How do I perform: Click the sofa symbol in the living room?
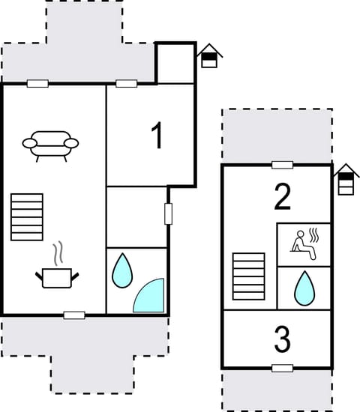click(x=50, y=145)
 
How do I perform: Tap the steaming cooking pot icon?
click(x=57, y=274)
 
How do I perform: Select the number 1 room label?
click(x=157, y=136)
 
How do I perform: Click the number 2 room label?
click(x=282, y=196)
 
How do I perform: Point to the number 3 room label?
click(x=282, y=341)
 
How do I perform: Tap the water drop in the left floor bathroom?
click(x=121, y=271)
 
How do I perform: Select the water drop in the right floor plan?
click(x=304, y=288)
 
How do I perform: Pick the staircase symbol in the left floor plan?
click(x=27, y=217)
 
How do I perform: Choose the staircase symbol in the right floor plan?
click(x=248, y=276)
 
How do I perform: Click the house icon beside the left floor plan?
click(x=209, y=56)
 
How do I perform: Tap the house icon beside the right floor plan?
click(x=346, y=180)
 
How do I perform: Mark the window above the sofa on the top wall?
click(x=37, y=83)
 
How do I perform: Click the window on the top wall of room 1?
click(x=126, y=83)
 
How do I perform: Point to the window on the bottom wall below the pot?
click(x=74, y=315)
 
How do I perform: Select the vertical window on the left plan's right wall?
click(x=169, y=213)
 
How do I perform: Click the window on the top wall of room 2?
click(x=282, y=165)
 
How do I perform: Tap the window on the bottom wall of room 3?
click(x=282, y=368)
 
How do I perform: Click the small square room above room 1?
click(x=175, y=63)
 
